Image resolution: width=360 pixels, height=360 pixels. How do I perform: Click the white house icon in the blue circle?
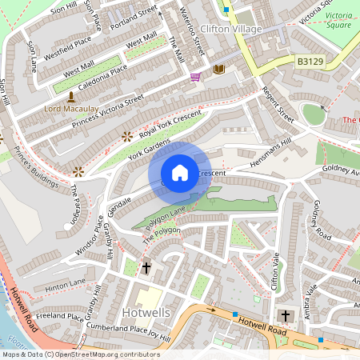(x=180, y=172)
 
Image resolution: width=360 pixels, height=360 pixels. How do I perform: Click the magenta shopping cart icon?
(x=196, y=78)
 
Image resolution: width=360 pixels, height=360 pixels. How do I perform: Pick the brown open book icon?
(x=219, y=70)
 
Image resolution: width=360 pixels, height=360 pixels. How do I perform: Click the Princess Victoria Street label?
(x=108, y=110)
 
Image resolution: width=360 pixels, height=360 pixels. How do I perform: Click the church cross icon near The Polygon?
(x=146, y=266)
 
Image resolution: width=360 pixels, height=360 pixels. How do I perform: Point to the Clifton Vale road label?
(x=277, y=270)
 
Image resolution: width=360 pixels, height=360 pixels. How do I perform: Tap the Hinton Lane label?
(x=66, y=286)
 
